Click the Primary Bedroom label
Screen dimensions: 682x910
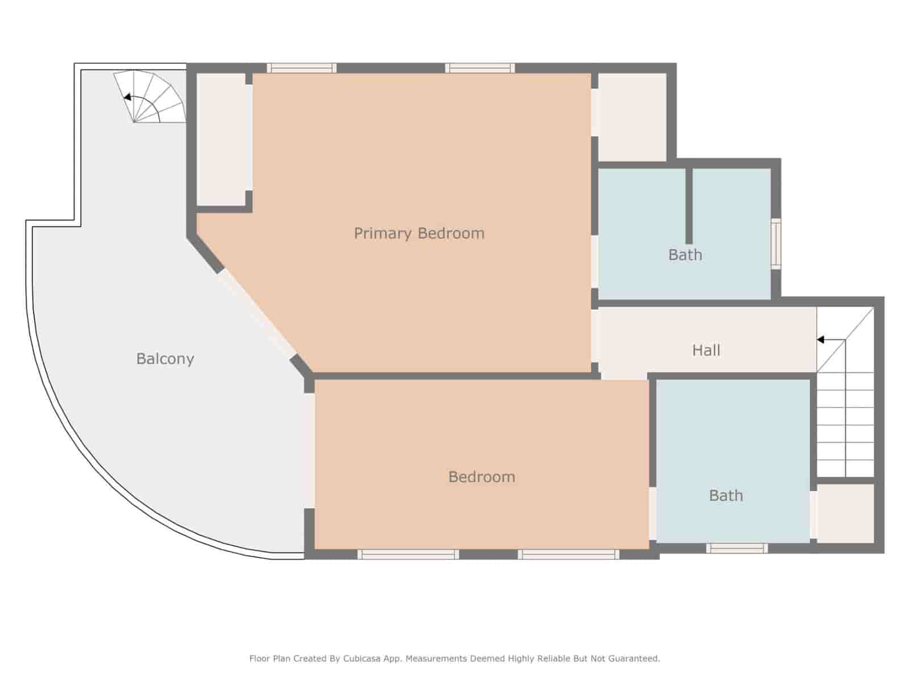click(419, 233)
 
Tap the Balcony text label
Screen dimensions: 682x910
click(165, 359)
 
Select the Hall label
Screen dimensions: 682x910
click(706, 350)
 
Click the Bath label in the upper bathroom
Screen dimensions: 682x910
click(685, 255)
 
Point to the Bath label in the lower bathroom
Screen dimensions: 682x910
click(726, 496)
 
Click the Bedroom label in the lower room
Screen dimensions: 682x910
click(482, 477)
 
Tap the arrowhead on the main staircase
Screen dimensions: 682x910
click(821, 340)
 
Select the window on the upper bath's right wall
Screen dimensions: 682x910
click(776, 243)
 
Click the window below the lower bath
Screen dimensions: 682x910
click(737, 548)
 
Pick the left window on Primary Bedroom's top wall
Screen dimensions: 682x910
click(301, 68)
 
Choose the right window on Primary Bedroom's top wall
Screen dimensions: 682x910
click(480, 68)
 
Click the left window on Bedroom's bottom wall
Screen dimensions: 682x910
click(408, 554)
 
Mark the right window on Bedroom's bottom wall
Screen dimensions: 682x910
click(568, 554)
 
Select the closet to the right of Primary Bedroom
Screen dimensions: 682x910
click(632, 117)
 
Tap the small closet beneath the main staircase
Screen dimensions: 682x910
click(845, 513)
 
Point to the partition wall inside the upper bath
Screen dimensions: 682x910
click(689, 206)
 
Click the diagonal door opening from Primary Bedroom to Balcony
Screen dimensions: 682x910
click(257, 314)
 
